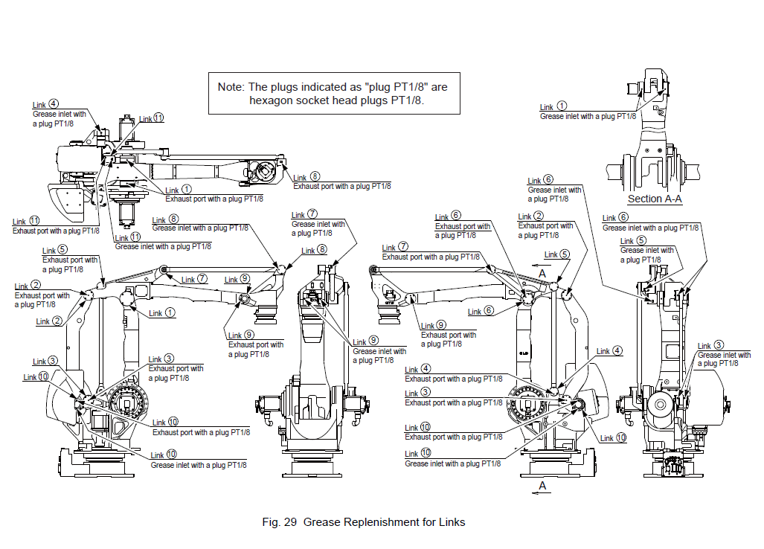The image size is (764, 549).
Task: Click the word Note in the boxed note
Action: tap(230, 86)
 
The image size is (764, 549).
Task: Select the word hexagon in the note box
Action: tap(275, 100)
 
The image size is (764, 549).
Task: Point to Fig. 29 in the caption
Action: tap(280, 522)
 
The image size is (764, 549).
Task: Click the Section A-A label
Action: tap(655, 199)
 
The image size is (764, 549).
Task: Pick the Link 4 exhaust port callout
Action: tap(451, 379)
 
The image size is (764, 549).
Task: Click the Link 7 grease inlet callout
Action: tap(318, 224)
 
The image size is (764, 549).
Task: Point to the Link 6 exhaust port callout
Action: tap(463, 226)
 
